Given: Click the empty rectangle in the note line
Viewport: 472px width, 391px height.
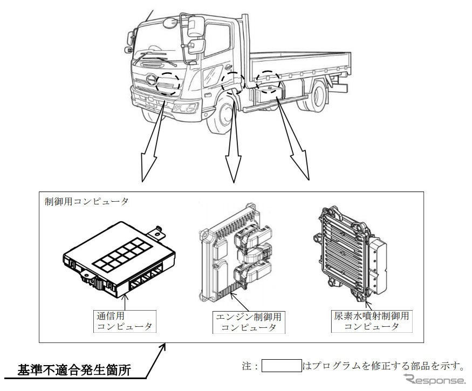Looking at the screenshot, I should pyautogui.click(x=281, y=366).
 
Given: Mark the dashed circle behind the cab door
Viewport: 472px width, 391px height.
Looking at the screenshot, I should pyautogui.click(x=233, y=83).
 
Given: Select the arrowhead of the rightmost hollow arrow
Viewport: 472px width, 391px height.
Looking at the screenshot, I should pyautogui.click(x=305, y=172).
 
